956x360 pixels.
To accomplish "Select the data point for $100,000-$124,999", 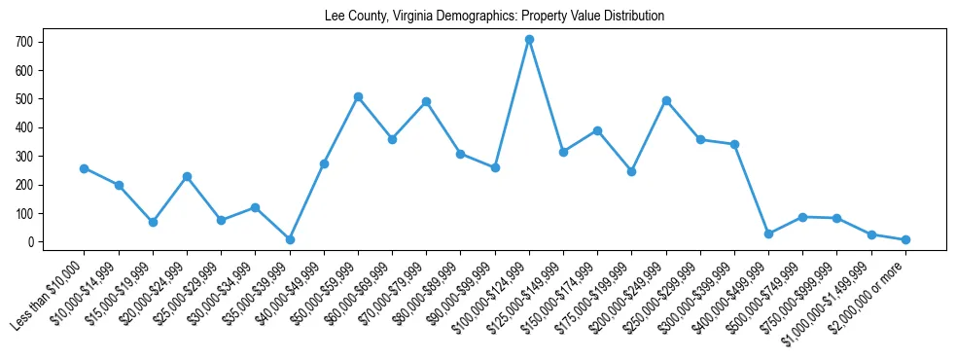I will [529, 40].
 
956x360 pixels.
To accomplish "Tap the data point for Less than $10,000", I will [85, 168].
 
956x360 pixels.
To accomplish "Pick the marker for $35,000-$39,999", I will [290, 239].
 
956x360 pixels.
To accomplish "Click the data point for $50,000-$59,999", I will [358, 97].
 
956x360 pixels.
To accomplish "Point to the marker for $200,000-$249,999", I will [666, 101].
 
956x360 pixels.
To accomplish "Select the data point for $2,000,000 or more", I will [905, 239].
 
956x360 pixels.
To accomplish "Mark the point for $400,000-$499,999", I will [768, 234].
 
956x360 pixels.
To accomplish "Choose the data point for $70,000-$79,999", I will [426, 102].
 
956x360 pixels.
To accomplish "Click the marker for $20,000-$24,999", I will [187, 176].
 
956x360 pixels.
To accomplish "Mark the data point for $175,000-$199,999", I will [631, 171].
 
